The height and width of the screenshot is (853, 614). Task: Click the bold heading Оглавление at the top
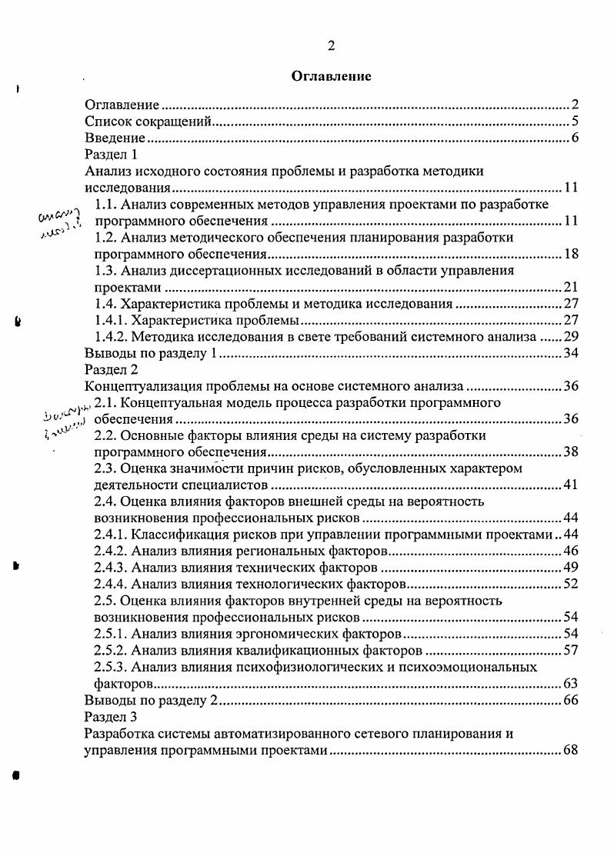click(x=331, y=76)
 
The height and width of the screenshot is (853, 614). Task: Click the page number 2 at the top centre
click(x=331, y=45)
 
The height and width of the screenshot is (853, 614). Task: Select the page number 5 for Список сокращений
click(x=575, y=122)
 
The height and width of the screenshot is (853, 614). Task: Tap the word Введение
click(x=115, y=138)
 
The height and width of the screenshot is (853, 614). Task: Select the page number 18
click(x=570, y=254)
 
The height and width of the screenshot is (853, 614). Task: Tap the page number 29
click(x=570, y=337)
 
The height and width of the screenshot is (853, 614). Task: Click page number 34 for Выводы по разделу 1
click(x=570, y=353)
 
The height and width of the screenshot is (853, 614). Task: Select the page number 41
click(x=570, y=485)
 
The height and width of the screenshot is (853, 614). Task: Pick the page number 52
click(x=570, y=585)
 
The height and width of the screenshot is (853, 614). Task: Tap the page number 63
click(x=570, y=683)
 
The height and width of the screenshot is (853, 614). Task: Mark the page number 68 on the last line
click(x=570, y=750)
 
